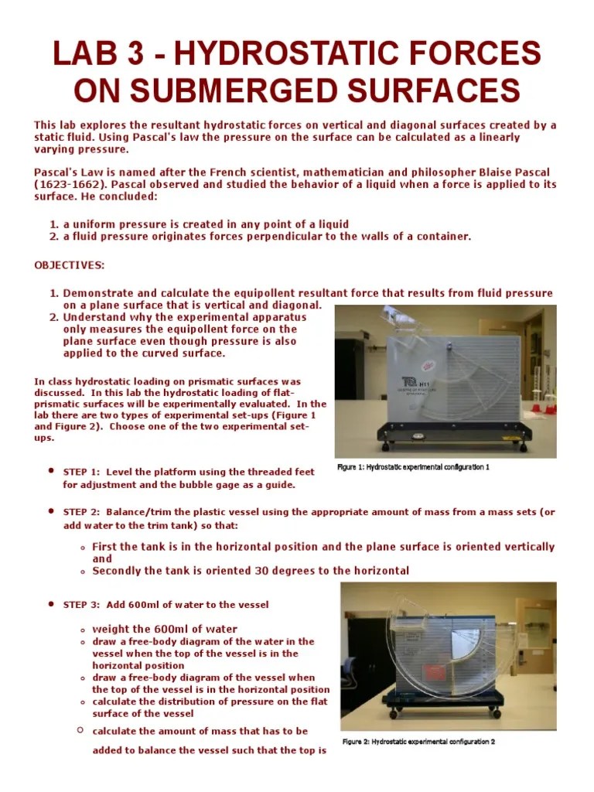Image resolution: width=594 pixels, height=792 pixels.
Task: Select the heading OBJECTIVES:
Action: pyautogui.click(x=69, y=265)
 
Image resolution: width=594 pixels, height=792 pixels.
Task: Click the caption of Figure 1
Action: pyautogui.click(x=413, y=467)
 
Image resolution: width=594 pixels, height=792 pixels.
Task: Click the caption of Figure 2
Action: pyautogui.click(x=418, y=741)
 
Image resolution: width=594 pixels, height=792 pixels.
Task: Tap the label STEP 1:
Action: pyautogui.click(x=81, y=472)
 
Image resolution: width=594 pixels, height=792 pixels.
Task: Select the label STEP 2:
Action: pyautogui.click(x=81, y=512)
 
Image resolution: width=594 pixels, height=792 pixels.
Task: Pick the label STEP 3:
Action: pyautogui.click(x=81, y=604)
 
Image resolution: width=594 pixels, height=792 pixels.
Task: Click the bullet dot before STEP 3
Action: pyautogui.click(x=50, y=603)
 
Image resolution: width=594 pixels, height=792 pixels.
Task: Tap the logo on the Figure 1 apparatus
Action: pyautogui.click(x=407, y=382)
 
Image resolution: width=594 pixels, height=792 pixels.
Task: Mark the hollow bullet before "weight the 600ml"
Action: pyautogui.click(x=82, y=630)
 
